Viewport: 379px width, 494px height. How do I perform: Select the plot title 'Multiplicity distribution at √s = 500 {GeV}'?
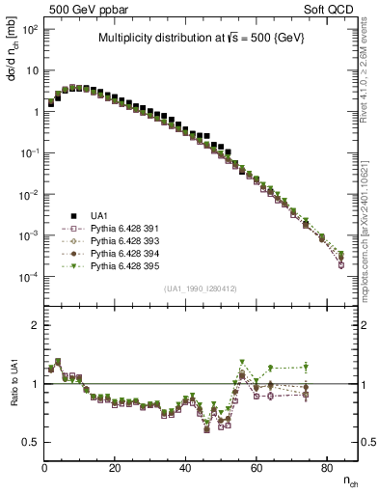coord(201,39)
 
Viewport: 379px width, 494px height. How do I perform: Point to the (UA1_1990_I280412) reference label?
coord(201,288)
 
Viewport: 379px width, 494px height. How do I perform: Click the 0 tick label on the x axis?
coord(44,468)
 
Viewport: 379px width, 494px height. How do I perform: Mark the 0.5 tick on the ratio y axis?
coord(32,442)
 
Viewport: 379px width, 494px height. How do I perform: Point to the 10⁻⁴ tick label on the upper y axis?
coord(29,277)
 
